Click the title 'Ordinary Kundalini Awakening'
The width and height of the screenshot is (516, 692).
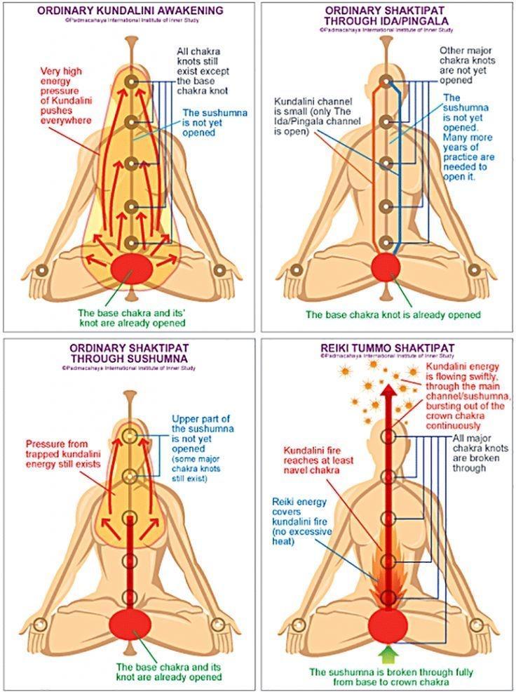(129, 11)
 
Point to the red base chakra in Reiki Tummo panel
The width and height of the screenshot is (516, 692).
(388, 623)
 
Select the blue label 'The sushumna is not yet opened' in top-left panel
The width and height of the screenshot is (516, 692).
(208, 122)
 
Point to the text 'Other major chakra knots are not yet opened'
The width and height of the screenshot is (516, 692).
(468, 66)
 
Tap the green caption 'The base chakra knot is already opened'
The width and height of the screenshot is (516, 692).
(393, 314)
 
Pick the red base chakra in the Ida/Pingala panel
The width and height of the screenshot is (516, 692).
(386, 268)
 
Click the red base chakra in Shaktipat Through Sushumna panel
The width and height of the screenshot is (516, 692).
(129, 623)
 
